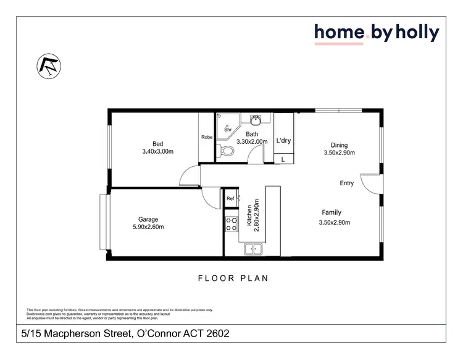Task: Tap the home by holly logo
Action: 377,33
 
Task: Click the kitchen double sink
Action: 253,249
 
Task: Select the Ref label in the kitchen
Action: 230,198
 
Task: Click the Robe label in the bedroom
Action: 207,138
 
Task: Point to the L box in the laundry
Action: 283,159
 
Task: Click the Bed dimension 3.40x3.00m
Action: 157,152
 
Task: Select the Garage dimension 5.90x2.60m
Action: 148,227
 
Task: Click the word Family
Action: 332,212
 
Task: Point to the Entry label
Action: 347,183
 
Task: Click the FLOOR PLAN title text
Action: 233,278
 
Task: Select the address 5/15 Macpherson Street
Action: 123,334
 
